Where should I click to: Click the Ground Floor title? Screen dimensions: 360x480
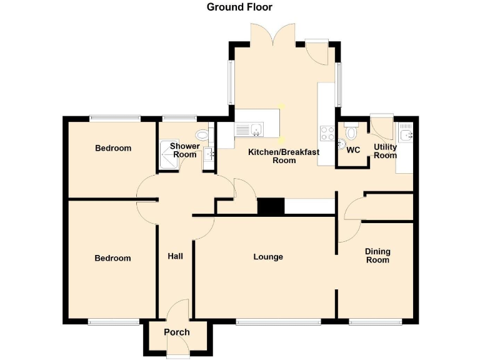(x=239, y=7)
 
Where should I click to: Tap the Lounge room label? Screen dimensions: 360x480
(x=268, y=257)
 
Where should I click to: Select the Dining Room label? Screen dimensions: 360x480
(x=377, y=256)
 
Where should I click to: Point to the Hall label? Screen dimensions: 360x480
(x=175, y=256)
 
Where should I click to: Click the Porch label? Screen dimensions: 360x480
(x=177, y=332)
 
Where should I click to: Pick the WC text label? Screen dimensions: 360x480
(x=353, y=150)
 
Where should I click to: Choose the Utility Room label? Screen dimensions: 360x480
(x=385, y=151)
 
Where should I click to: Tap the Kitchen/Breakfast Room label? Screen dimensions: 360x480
(x=284, y=156)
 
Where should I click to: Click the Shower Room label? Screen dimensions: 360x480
(x=185, y=151)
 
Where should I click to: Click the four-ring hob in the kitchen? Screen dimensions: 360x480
(x=327, y=132)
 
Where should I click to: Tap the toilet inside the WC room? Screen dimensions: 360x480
(x=351, y=132)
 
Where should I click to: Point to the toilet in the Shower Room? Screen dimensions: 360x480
(x=202, y=134)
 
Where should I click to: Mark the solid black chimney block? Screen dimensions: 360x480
(x=271, y=207)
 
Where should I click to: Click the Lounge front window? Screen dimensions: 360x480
(x=279, y=322)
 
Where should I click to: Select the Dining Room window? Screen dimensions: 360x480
(x=375, y=322)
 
